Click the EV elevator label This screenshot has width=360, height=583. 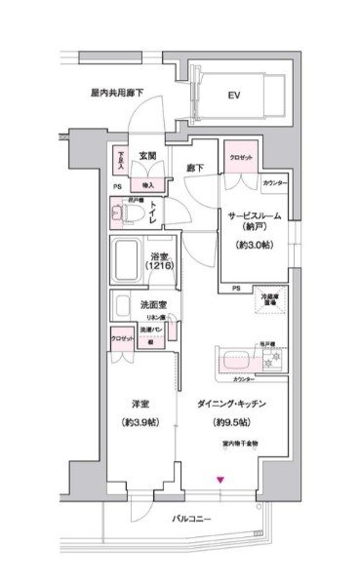coord(233,96)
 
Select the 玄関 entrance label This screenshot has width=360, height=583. coord(147,155)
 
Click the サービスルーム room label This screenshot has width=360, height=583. coord(255,215)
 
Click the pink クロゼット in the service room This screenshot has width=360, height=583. coord(242,157)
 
